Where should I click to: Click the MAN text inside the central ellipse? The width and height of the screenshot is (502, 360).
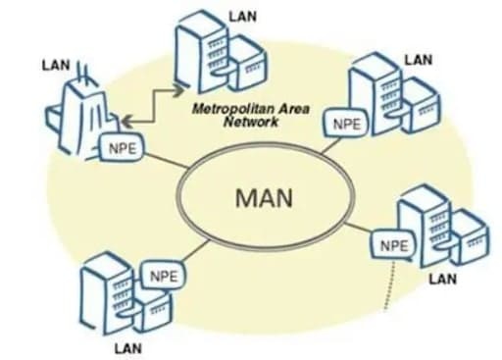258,197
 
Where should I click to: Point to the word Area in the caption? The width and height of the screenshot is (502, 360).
293,107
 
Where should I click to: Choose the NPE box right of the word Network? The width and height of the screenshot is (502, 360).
346,125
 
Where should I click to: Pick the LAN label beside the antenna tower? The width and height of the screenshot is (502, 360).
56,66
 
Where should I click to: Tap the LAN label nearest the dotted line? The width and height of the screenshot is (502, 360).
442,280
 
